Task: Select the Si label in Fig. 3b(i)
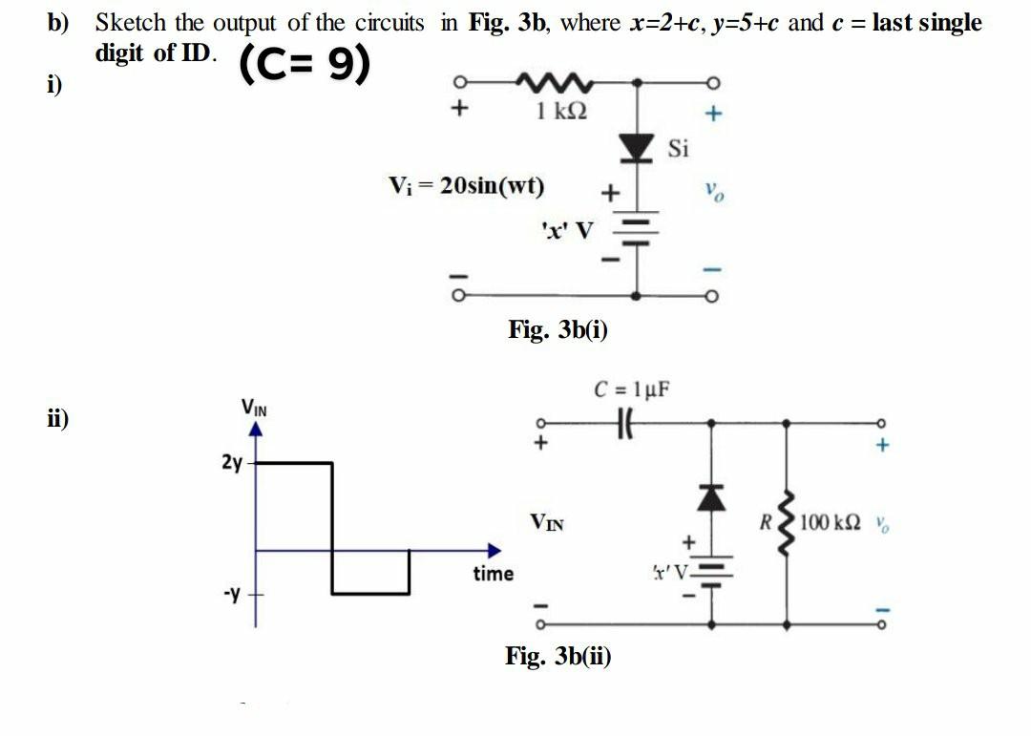pyautogui.click(x=677, y=149)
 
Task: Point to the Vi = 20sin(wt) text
pyautogui.click(x=467, y=185)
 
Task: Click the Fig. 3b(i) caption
pyautogui.click(x=558, y=330)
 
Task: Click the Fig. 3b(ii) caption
pyautogui.click(x=558, y=656)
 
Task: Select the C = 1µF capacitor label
pyautogui.click(x=632, y=389)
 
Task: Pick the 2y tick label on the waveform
pyautogui.click(x=232, y=464)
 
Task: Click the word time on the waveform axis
pyautogui.click(x=493, y=574)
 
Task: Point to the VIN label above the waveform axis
pyautogui.click(x=254, y=409)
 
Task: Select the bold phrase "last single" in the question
pyautogui.click(x=928, y=23)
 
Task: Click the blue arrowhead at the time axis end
pyautogui.click(x=493, y=550)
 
